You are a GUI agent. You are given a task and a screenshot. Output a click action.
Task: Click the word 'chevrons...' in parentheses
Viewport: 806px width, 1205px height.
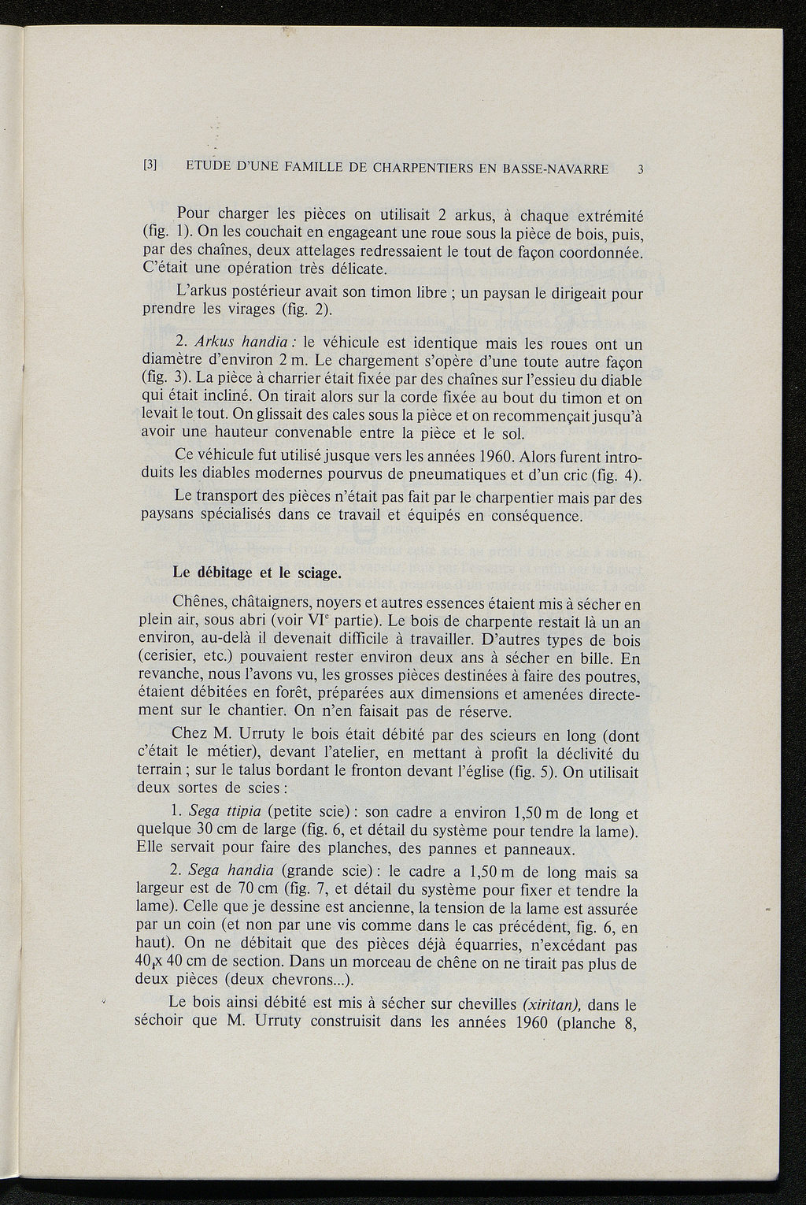[306, 981]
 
